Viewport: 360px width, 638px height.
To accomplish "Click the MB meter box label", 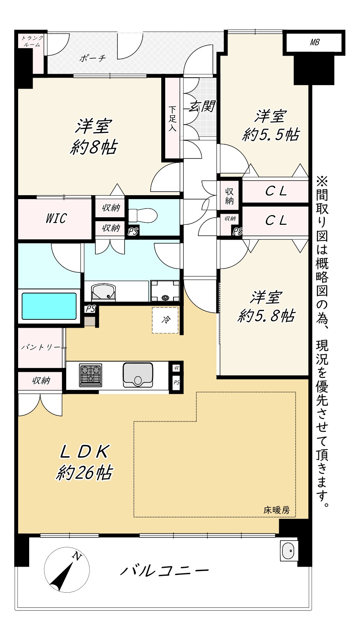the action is coord(314,43).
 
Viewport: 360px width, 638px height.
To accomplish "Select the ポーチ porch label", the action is coord(93,58).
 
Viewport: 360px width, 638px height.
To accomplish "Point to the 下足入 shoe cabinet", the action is coord(172,118).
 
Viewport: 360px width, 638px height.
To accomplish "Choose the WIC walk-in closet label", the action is coord(56,218).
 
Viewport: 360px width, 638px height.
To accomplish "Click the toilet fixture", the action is coord(142,215).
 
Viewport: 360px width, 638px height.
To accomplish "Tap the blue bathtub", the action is coord(49,306).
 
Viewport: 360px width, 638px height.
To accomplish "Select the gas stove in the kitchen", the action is coord(90,375).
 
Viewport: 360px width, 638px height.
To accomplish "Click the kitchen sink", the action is coord(138,375).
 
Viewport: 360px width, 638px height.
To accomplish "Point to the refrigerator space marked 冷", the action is coord(165,320).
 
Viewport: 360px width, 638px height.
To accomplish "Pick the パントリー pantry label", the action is coord(41,347).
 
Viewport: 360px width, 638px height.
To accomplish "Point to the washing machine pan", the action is coord(165,291).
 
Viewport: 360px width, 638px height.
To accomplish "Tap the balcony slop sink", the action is coord(289,550).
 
